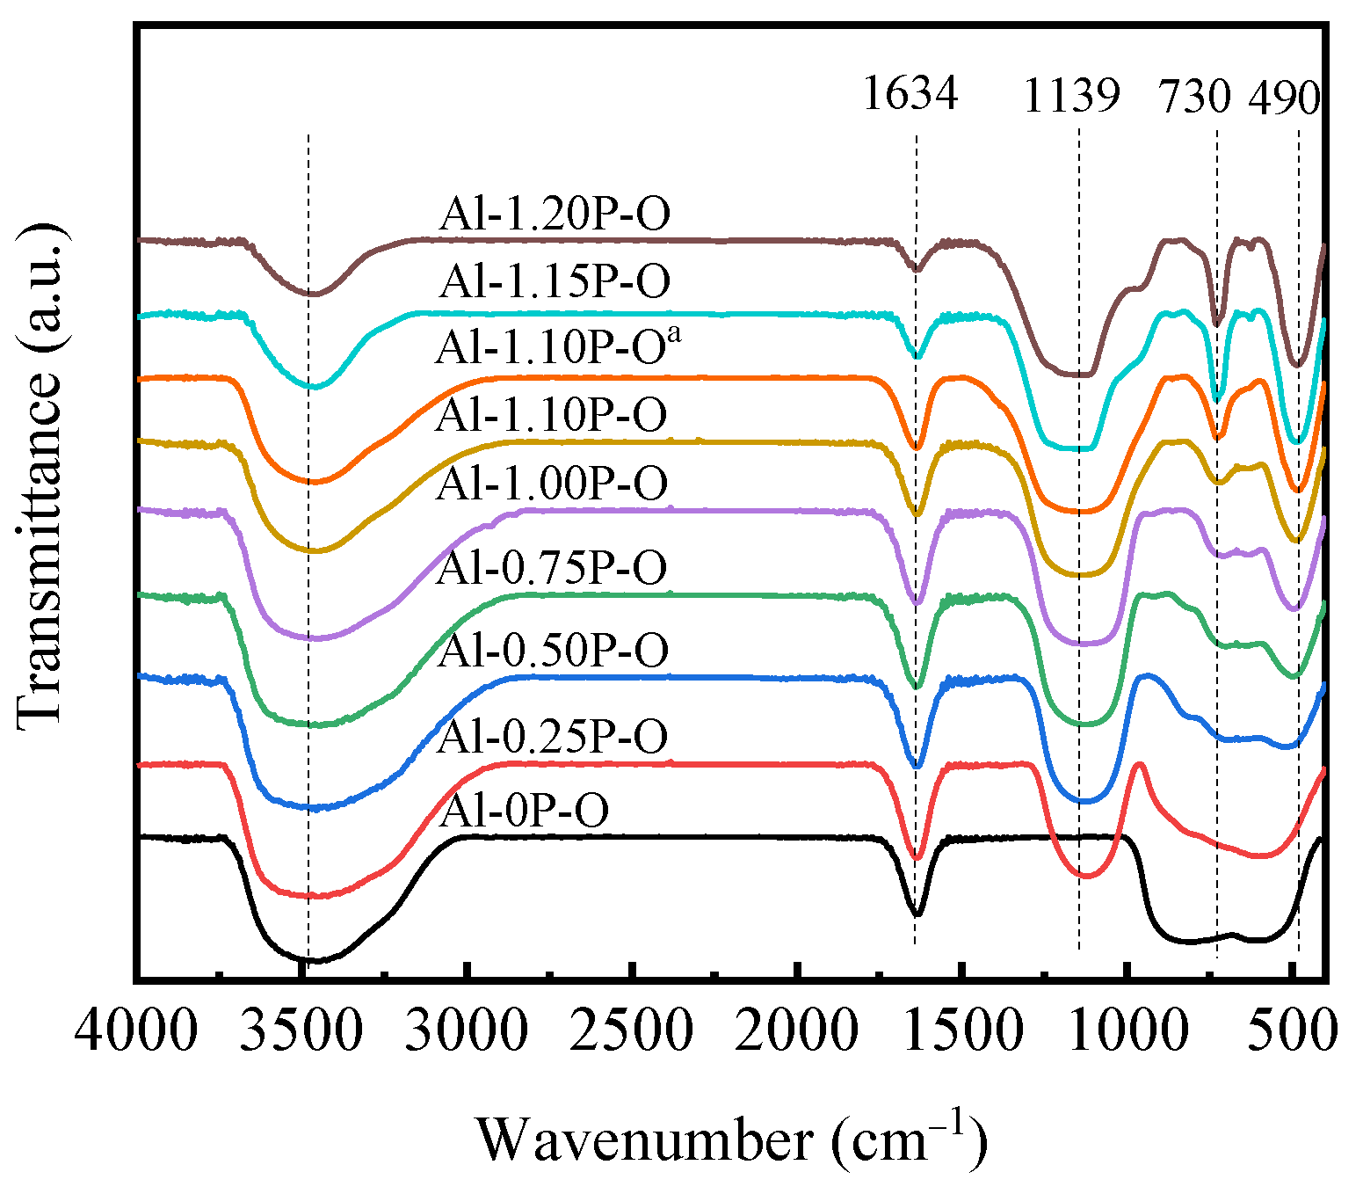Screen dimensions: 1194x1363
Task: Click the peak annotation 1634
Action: coord(910,92)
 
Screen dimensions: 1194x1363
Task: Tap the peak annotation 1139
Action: coord(1071,95)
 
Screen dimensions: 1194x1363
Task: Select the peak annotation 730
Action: coord(1195,95)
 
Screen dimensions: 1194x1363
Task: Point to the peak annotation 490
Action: coord(1284,97)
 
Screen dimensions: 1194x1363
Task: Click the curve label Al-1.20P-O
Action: coord(555,214)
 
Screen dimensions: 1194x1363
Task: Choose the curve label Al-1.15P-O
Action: coord(555,280)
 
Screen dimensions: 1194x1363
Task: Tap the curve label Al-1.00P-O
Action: coord(551,483)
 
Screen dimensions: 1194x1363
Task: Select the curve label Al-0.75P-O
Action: coord(552,567)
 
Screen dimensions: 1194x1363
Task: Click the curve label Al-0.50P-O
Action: coord(553,650)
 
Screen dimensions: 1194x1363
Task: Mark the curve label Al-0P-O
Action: coord(524,810)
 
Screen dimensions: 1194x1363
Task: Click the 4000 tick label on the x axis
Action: coord(136,1028)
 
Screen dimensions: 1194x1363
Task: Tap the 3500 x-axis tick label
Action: coord(301,1028)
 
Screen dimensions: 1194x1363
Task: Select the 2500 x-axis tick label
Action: coord(632,1028)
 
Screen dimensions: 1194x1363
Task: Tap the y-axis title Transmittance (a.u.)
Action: coord(40,475)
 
